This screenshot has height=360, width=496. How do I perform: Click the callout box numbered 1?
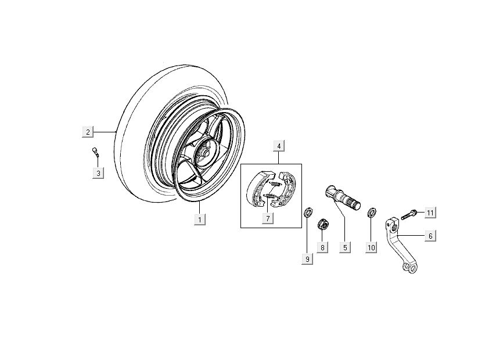(x=199, y=219)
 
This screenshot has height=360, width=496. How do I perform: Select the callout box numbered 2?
(x=87, y=132)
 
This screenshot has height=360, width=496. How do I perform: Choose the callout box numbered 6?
(x=430, y=236)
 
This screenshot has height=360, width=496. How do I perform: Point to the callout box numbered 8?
(x=323, y=247)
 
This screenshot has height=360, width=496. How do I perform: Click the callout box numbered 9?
(x=307, y=260)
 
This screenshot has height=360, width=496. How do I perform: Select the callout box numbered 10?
(x=371, y=247)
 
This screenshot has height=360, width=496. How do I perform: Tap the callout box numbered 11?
(x=430, y=213)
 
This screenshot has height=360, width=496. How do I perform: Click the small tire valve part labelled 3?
(x=95, y=152)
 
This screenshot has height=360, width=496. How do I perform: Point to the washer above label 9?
(x=308, y=211)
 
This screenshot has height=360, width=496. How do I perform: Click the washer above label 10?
(x=371, y=210)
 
